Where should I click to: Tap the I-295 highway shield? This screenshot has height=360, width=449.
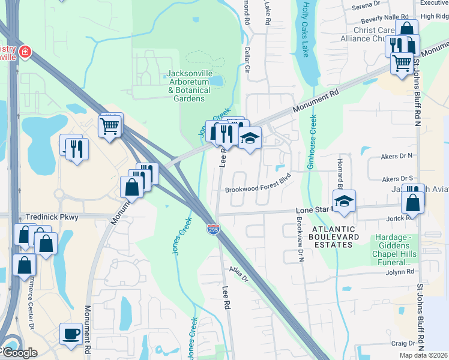[213, 229]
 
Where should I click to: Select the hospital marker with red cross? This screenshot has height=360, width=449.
[25, 52]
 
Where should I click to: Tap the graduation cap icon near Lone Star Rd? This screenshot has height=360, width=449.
[344, 201]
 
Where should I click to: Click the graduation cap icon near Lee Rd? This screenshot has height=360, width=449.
[250, 138]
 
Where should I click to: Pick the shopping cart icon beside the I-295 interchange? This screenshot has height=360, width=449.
[110, 126]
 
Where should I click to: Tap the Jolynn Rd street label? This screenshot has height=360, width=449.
[402, 272]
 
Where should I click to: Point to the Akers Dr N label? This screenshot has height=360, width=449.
[397, 156]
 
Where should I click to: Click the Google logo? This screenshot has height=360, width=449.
[19, 353]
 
